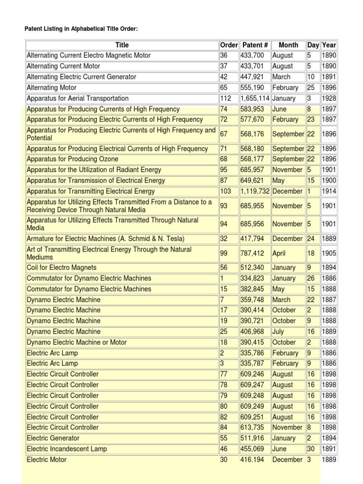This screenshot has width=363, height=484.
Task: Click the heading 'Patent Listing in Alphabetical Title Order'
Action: tap(81, 29)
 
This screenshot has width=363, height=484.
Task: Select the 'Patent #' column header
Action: tap(255, 45)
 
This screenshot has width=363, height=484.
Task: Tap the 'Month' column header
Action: tap(288, 45)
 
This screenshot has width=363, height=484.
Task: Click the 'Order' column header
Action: tap(229, 45)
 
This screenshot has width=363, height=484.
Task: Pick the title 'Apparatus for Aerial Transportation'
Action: tap(78, 98)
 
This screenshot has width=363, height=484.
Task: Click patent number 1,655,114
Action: tap(255, 98)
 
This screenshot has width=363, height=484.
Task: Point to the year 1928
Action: tap(328, 98)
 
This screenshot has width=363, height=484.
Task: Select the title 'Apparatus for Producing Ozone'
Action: tap(72, 159)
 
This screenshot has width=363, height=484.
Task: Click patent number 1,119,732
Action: tap(255, 191)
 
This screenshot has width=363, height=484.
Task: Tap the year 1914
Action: tap(328, 191)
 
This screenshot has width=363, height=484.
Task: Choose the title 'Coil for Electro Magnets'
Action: tap(61, 268)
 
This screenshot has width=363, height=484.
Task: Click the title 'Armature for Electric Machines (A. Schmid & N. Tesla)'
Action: tap(105, 239)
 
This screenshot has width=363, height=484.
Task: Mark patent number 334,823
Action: tap(255, 278)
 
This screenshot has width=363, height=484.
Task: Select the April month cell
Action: tap(279, 253)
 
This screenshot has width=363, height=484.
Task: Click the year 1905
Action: tap(328, 253)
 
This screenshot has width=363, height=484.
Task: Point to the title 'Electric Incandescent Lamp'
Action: tap(67, 449)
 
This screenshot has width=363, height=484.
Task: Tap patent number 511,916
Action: tap(255, 438)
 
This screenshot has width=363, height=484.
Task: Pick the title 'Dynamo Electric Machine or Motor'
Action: tap(77, 342)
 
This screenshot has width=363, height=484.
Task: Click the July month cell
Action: tap(278, 331)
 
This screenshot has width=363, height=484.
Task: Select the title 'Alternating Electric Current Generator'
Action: tap(81, 77)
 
